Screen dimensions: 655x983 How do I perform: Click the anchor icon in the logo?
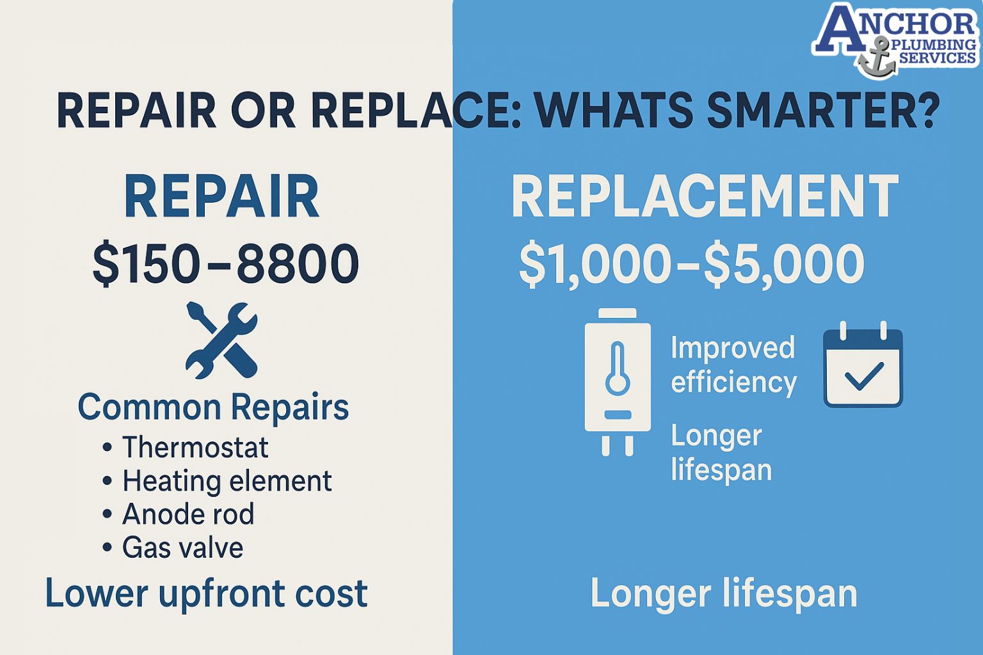tap(876, 58)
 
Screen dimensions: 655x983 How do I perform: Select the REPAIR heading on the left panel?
tap(221, 197)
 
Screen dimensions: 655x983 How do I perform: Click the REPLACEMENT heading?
tap(705, 197)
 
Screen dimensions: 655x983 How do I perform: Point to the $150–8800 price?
tap(225, 264)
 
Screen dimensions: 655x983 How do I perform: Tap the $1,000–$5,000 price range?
tap(691, 264)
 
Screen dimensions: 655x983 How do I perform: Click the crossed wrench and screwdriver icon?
tap(221, 340)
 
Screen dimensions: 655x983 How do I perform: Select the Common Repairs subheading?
tap(213, 407)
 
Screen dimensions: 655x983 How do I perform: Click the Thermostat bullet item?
tap(195, 447)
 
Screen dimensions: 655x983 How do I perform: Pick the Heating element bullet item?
tap(227, 481)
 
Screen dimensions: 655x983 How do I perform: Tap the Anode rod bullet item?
tap(188, 514)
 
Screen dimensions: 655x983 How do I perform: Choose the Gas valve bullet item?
tap(182, 548)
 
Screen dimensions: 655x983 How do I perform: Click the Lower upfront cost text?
tap(206, 594)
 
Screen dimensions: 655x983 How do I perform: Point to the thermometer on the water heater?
tap(618, 368)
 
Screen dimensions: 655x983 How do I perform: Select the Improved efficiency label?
tap(733, 365)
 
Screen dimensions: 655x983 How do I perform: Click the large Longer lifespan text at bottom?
tap(723, 594)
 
